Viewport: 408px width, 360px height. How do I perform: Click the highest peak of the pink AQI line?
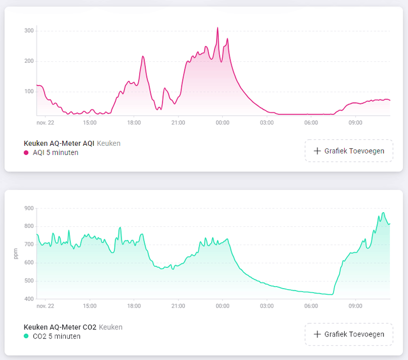tap(217, 28)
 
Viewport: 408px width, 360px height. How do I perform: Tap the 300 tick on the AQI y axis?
tap(29, 31)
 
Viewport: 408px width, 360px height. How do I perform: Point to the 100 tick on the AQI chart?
tap(29, 92)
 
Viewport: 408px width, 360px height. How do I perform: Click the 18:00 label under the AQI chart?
tap(134, 123)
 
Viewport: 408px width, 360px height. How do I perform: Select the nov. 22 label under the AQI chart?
tap(45, 123)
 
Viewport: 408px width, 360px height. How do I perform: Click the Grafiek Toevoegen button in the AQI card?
tap(349, 151)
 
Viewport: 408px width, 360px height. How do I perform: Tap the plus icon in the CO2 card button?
tap(317, 335)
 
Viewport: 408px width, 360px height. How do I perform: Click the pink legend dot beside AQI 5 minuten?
tap(27, 152)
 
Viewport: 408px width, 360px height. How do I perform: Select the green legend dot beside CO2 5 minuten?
tap(27, 337)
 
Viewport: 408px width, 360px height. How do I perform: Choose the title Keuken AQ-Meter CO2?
tap(60, 327)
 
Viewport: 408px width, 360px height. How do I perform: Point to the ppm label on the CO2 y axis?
tap(15, 253)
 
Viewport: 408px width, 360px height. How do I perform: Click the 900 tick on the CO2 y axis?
tap(29, 208)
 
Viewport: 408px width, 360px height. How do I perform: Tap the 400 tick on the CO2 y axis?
tap(29, 299)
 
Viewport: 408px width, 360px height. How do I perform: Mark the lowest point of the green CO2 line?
tap(331, 294)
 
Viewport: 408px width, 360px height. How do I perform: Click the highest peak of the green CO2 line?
tap(383, 213)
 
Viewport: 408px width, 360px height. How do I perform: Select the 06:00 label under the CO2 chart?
tap(311, 306)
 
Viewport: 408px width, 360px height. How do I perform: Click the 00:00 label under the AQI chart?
tap(222, 123)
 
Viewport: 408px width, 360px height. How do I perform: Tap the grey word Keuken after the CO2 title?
tap(111, 327)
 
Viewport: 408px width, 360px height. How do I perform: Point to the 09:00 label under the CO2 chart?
tap(355, 306)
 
